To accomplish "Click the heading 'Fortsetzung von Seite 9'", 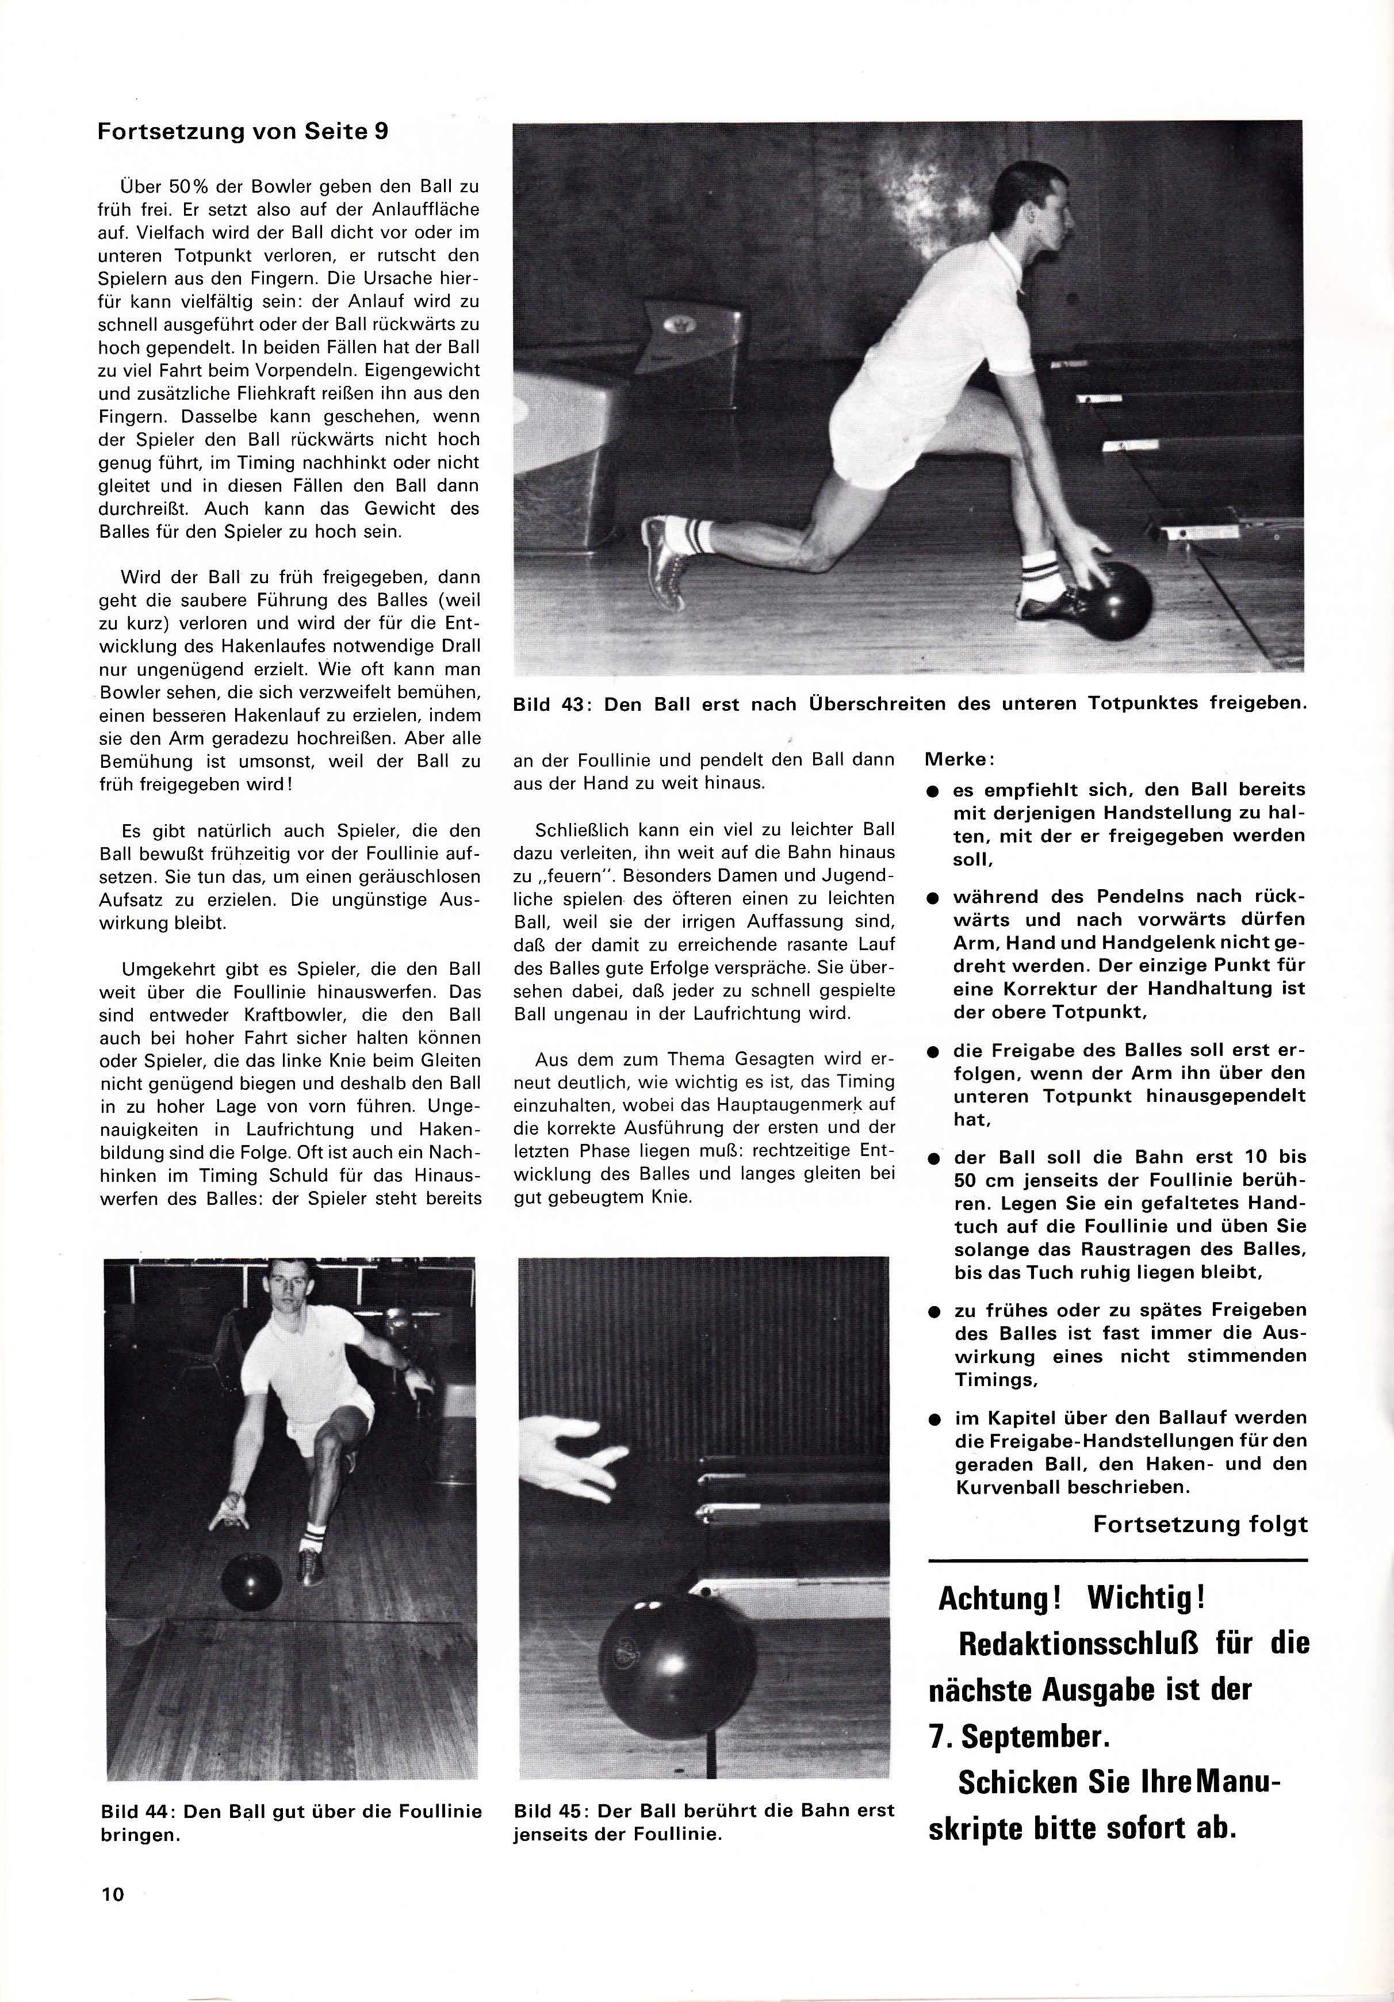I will (x=243, y=132).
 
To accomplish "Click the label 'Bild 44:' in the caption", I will (x=141, y=1811).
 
